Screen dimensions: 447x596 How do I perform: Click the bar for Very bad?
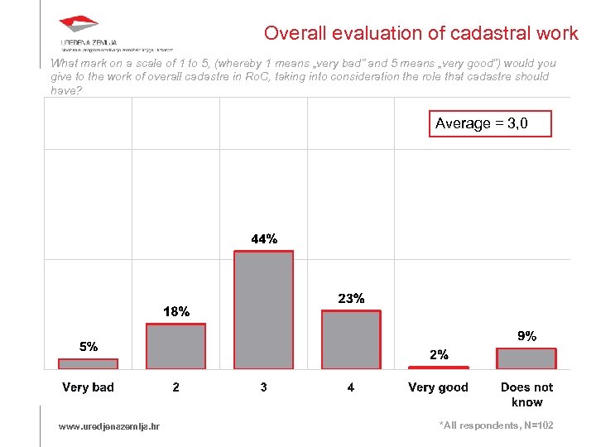(88, 363)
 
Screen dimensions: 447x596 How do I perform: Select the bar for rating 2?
(175, 346)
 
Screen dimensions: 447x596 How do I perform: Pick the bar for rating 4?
(351, 339)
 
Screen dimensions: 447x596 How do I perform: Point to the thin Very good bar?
(439, 367)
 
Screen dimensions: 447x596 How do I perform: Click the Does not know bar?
(526, 358)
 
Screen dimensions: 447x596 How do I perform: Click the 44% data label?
(264, 239)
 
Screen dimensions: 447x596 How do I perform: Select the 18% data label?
(176, 312)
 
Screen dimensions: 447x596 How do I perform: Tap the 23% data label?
(352, 298)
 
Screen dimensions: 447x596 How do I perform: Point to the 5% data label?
(89, 346)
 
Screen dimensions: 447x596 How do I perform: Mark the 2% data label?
(439, 354)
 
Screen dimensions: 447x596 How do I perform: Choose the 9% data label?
(526, 336)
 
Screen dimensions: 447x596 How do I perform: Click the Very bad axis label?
(88, 387)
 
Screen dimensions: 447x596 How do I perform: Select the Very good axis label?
(438, 387)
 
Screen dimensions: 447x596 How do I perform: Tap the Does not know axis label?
(526, 394)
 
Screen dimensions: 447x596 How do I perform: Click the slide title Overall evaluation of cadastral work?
(421, 33)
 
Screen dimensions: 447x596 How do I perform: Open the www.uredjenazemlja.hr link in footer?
(109, 426)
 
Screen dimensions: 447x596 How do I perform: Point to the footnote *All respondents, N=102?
(496, 425)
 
